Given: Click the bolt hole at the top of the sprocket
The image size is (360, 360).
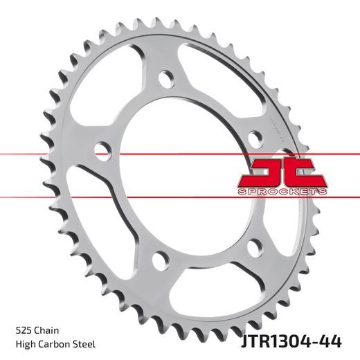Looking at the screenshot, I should [165, 79].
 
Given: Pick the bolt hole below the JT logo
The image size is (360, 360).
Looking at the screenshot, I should [254, 244].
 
